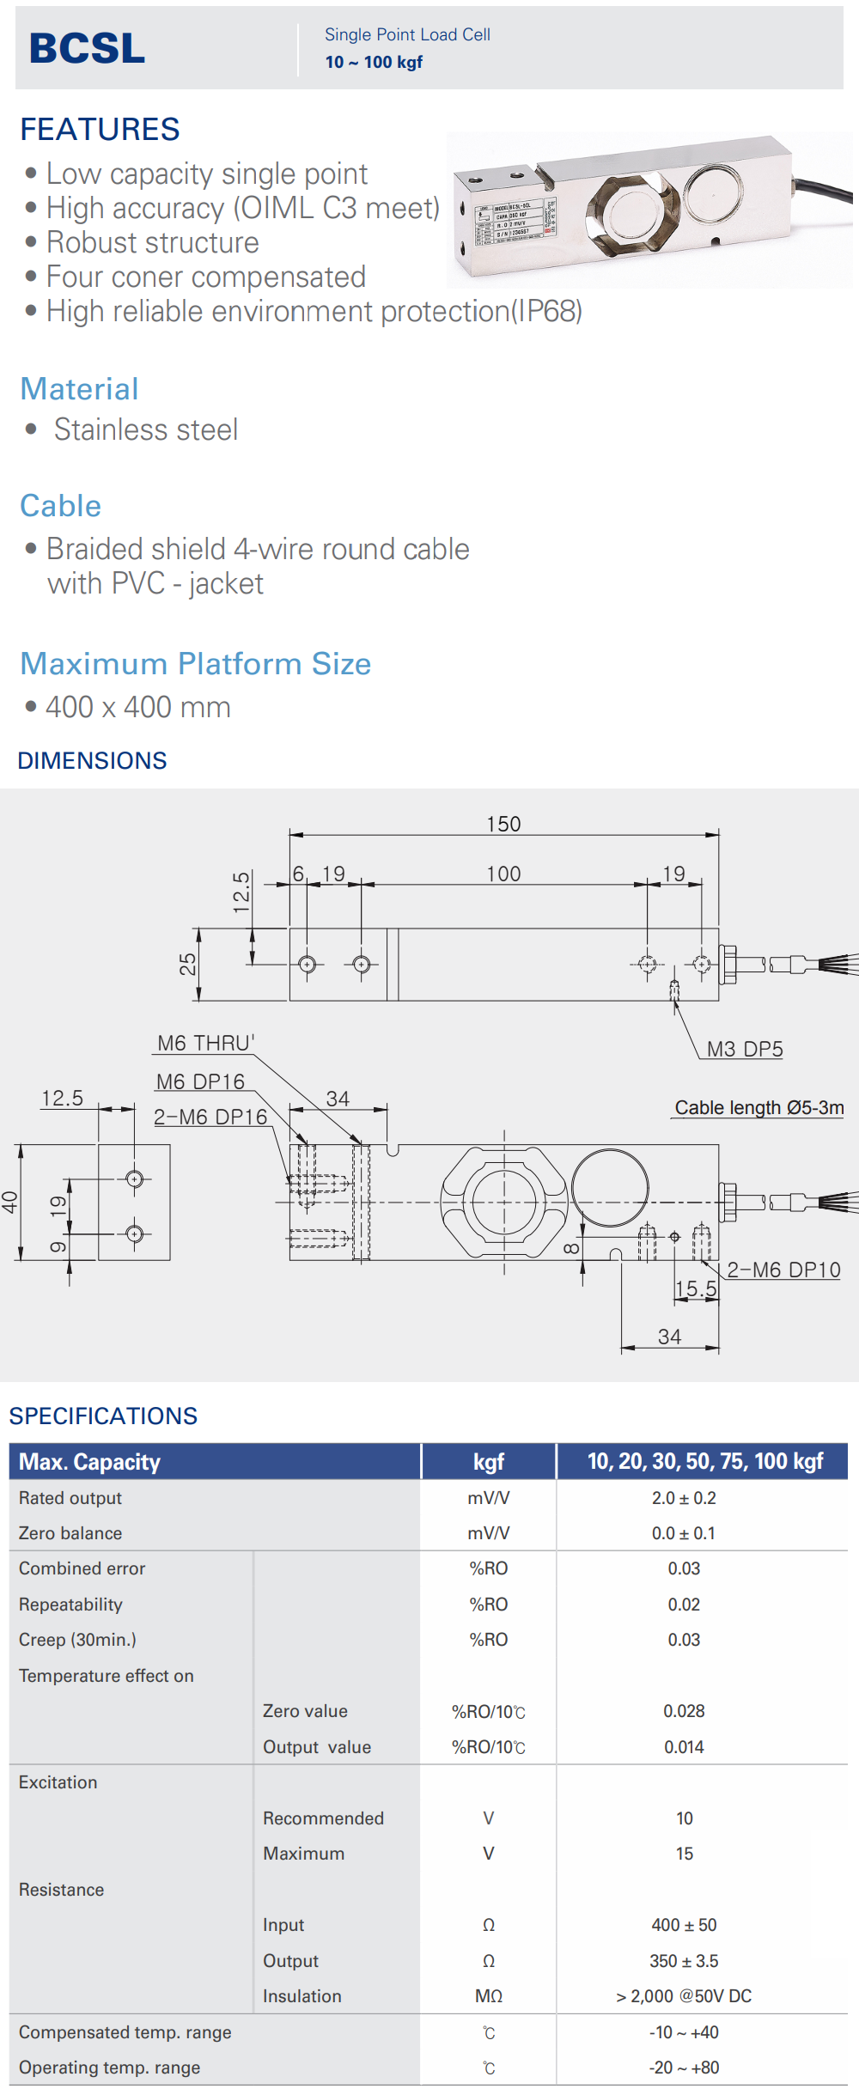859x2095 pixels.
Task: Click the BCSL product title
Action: click(87, 48)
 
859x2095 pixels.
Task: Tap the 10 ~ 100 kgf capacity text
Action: click(374, 62)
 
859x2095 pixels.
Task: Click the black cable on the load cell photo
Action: click(825, 190)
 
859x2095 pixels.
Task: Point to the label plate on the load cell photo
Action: click(515, 222)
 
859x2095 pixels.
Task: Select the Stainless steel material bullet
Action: click(145, 429)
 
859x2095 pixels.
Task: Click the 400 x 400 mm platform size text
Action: click(137, 707)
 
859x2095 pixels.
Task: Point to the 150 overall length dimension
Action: click(503, 824)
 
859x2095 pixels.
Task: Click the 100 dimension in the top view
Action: click(503, 874)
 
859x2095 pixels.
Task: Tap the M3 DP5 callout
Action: click(745, 1049)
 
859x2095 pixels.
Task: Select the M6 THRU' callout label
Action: click(205, 1043)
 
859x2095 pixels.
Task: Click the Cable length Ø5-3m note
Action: click(759, 1107)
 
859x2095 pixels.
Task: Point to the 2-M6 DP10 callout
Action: click(783, 1270)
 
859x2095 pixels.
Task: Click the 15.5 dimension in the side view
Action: click(695, 1288)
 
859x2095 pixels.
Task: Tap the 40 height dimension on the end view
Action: click(9, 1202)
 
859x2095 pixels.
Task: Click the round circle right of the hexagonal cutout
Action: click(610, 1189)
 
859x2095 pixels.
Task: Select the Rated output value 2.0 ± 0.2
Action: click(684, 1497)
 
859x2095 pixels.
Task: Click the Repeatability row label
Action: click(70, 1604)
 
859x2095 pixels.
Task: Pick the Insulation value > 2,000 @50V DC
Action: click(684, 1995)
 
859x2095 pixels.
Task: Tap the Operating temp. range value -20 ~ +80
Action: click(684, 2067)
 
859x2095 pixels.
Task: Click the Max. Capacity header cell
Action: click(90, 1461)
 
